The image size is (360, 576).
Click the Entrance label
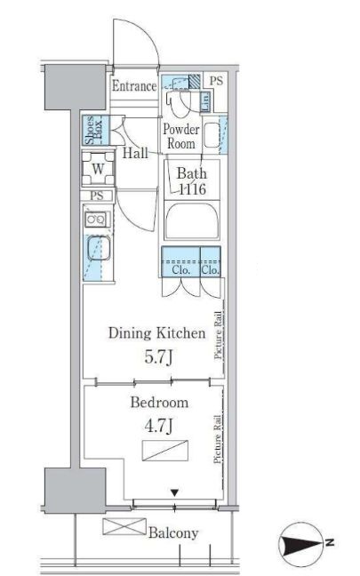134,86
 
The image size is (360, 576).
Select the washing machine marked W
98,169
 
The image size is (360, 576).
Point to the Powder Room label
181,136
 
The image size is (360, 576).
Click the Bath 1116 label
192,181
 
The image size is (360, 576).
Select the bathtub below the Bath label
192,221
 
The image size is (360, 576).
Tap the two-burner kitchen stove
97,220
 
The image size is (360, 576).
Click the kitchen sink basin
99,249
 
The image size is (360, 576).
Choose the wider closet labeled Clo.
180,261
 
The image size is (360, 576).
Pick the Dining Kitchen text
156,333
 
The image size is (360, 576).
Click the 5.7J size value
158,356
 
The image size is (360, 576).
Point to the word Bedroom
159,403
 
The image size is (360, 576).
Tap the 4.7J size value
158,426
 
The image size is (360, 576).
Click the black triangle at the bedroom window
175,492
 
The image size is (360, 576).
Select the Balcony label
173,532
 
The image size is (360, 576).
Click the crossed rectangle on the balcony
124,526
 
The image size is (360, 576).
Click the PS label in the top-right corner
216,81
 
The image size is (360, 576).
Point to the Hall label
135,153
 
